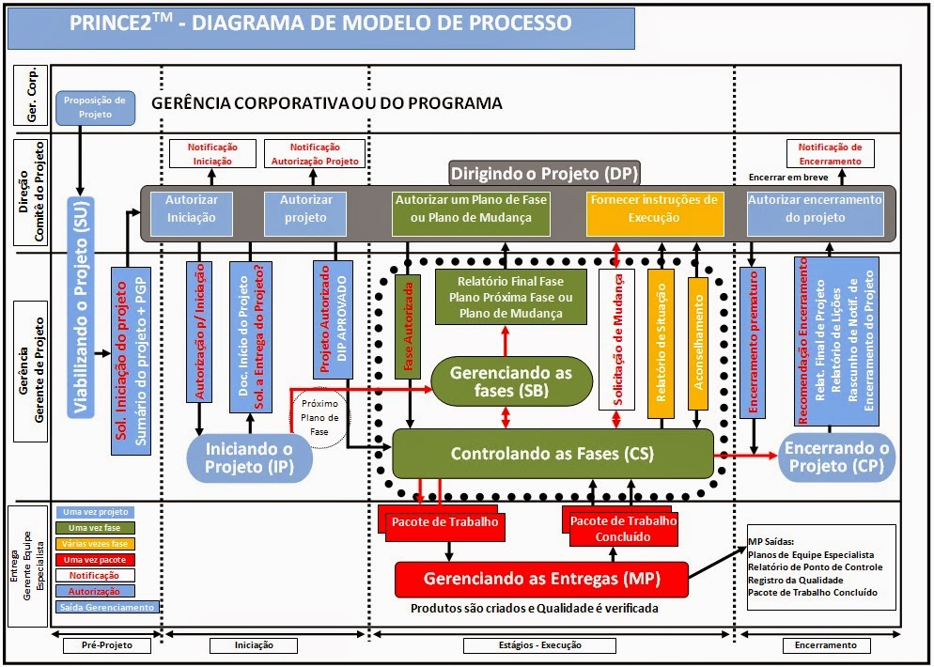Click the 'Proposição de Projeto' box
[95, 107]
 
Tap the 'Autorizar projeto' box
[306, 209]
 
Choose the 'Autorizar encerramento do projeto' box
[815, 209]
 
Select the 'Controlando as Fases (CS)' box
[553, 454]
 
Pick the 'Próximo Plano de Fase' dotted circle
[319, 418]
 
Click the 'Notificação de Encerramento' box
[830, 153]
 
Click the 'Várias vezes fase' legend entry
[95, 544]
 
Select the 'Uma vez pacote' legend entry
[95, 560]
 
